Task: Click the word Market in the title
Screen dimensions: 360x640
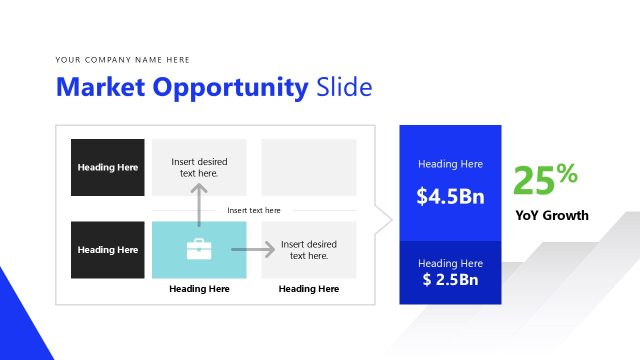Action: [x=101, y=88]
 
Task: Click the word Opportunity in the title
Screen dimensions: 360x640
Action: [x=231, y=88]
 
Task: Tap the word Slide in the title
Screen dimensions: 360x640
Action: [x=344, y=88]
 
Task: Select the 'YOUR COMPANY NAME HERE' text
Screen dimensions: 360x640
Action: [x=123, y=60]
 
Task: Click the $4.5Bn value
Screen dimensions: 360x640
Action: [x=450, y=196]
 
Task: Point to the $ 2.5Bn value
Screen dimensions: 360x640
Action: [x=450, y=279]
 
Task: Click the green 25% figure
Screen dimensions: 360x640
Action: [x=545, y=180]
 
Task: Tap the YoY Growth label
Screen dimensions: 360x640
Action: [x=552, y=215]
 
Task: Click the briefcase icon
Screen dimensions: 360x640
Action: [x=199, y=249]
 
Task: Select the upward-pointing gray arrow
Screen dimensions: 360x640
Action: [x=199, y=204]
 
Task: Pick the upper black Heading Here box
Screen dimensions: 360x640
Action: [x=108, y=167]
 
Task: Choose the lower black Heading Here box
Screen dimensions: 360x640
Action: [x=108, y=250]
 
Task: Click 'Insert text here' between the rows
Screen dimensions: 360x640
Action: [x=254, y=210]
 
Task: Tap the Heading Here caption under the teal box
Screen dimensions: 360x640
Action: [x=199, y=289]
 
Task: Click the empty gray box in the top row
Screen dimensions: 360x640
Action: [x=308, y=167]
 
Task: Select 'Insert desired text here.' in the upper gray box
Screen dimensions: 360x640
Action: [x=199, y=167]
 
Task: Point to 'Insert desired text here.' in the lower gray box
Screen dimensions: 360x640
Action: [x=308, y=250]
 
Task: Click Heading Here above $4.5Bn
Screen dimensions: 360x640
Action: [x=450, y=164]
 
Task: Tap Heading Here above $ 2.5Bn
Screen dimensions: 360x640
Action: [x=450, y=262]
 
